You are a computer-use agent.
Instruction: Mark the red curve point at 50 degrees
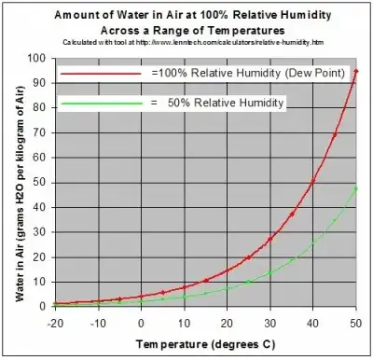356,72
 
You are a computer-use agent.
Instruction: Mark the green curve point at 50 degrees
356,188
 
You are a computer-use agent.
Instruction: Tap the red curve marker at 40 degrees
313,181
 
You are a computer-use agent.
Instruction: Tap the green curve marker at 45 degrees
335,219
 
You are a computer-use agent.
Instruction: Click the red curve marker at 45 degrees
335,134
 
